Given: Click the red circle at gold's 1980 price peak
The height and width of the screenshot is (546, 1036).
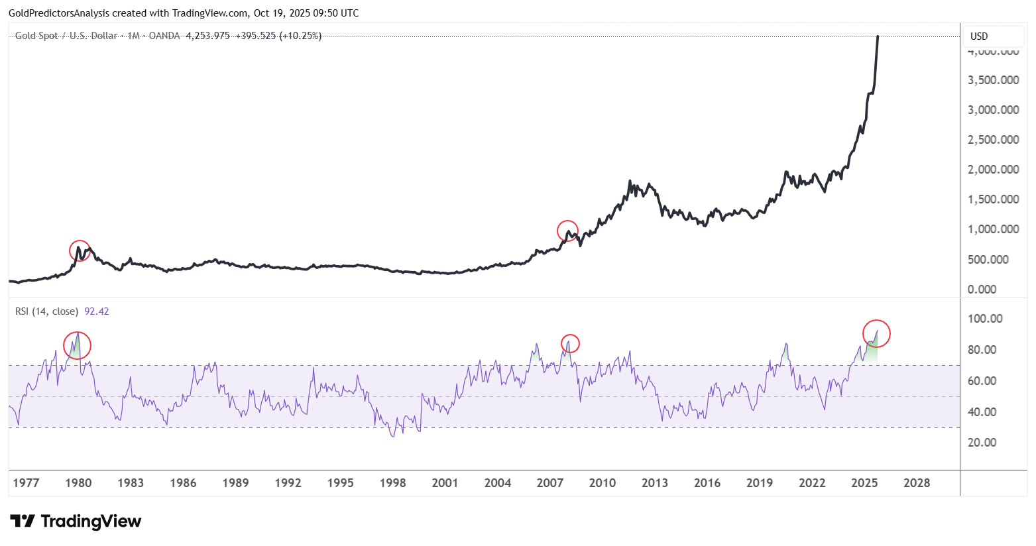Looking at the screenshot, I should coord(80,250).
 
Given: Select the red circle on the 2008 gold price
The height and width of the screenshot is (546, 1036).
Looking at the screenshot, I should coord(567,231).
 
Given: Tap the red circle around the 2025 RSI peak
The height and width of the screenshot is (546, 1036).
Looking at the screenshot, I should coord(876,333).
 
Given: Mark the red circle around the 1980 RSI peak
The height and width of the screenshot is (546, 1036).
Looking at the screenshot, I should coord(77,345).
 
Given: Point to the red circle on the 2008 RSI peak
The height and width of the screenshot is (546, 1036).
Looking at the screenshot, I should coord(570,343).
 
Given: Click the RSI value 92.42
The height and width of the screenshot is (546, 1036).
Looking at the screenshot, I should coord(97,311).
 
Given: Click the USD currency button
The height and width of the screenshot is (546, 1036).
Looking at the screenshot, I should coord(979,36).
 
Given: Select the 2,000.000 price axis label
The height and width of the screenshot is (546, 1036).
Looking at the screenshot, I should coord(993,170).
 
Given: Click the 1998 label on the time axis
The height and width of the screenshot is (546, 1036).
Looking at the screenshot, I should coord(392,483).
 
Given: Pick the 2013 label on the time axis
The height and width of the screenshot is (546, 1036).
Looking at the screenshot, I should coord(655,483).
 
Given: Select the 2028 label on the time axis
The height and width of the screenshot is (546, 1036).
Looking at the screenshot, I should coord(917,483).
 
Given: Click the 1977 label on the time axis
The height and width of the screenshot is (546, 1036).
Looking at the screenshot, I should coord(26,483).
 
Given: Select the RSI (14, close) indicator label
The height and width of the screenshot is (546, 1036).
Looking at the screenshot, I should coord(46,311).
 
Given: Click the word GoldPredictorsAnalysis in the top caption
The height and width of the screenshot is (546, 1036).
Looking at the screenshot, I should coord(59,13).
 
